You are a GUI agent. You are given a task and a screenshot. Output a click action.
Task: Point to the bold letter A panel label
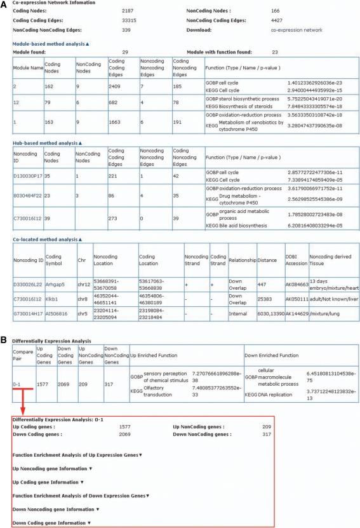[4, 4]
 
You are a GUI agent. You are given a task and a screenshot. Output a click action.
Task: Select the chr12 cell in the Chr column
[78, 283]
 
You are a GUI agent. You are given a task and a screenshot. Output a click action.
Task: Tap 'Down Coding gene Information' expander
[51, 522]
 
